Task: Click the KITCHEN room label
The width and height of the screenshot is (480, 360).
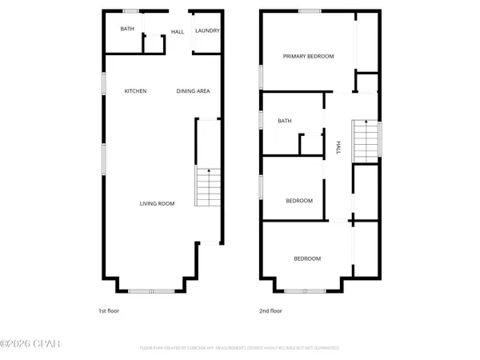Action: [x=135, y=91]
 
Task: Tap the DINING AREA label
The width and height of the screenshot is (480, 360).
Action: [x=193, y=91]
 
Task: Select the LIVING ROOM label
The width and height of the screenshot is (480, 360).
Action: [x=157, y=203]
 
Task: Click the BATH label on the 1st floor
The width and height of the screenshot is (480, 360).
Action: [x=127, y=29]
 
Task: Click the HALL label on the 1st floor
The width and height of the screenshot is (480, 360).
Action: [x=177, y=32]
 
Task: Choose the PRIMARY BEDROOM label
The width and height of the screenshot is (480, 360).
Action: [x=309, y=56]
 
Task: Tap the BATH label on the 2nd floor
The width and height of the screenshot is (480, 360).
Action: [x=284, y=122]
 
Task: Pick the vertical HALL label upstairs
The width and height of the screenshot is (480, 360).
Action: [x=339, y=147]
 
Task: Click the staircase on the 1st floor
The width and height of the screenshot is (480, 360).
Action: [x=207, y=188]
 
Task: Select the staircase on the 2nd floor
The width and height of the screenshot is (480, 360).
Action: [x=365, y=141]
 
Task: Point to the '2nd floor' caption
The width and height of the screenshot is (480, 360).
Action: [x=270, y=310]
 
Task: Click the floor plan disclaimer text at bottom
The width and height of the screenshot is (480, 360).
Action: [x=239, y=348]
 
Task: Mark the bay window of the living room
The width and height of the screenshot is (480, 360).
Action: [x=151, y=290]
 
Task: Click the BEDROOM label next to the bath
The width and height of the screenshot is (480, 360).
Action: [x=299, y=201]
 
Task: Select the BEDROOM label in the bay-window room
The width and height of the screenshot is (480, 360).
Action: [x=307, y=258]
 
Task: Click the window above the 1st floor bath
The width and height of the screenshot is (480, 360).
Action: [x=130, y=10]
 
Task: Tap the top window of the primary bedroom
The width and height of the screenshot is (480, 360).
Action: [x=310, y=10]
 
